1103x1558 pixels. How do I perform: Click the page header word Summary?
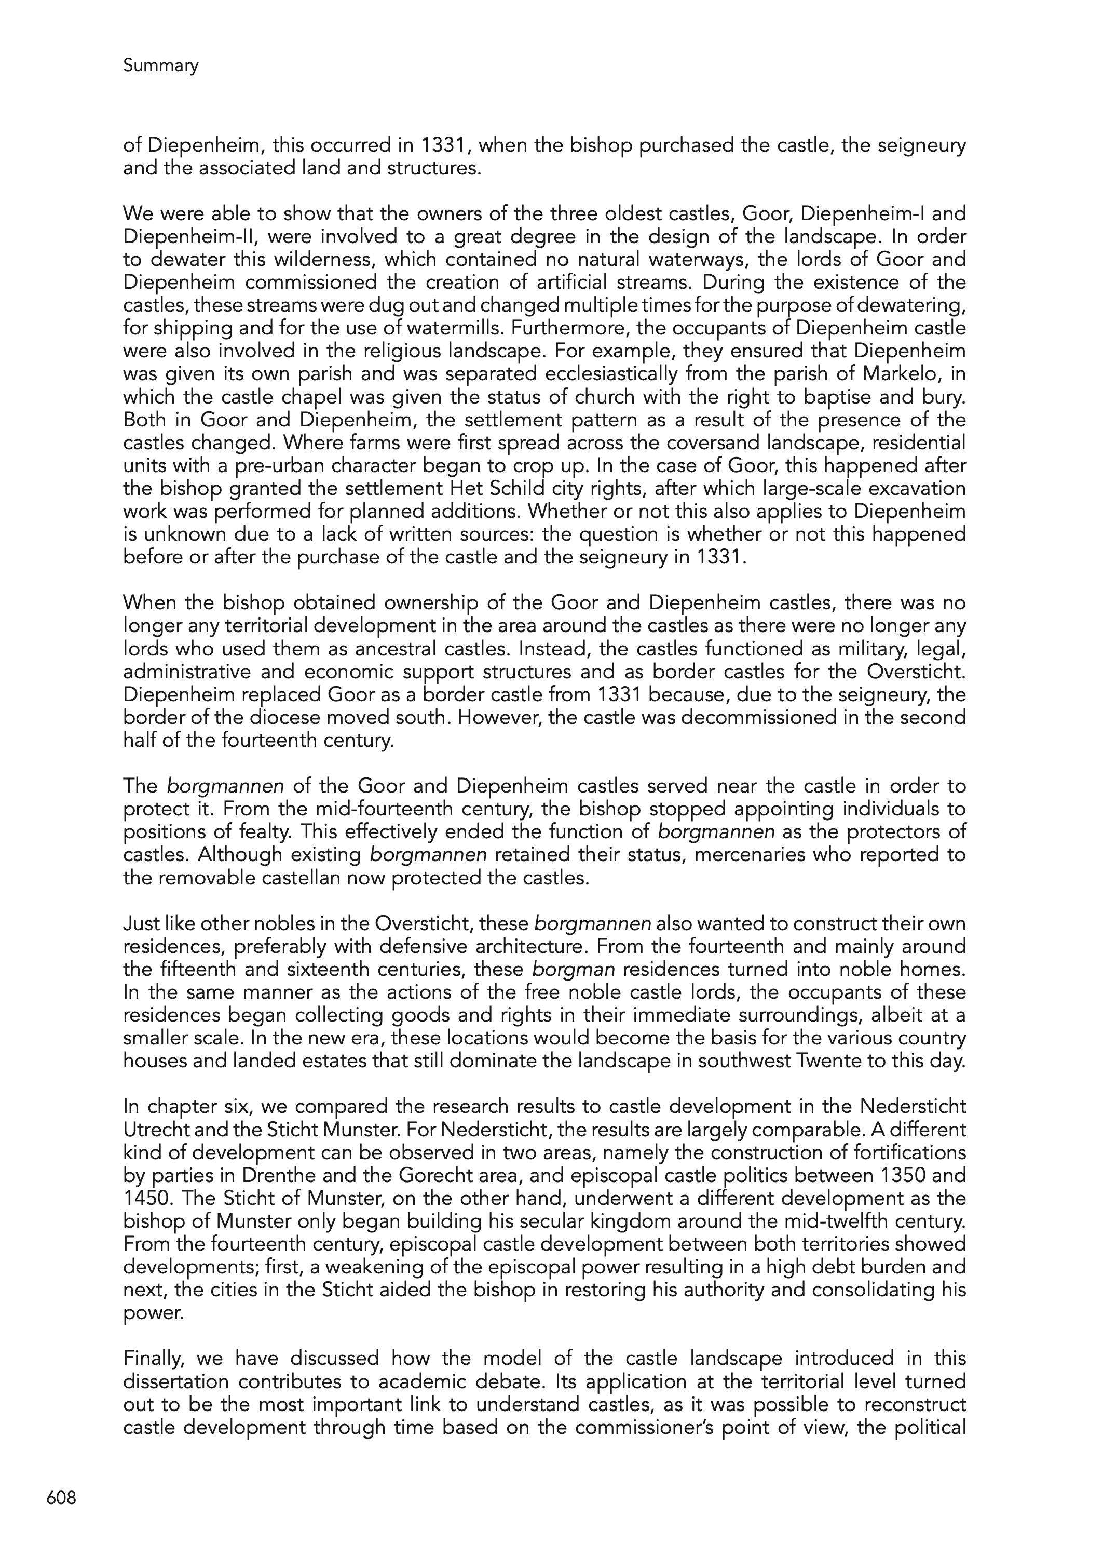[x=160, y=66]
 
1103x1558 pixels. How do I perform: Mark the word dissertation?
[x=178, y=1382]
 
